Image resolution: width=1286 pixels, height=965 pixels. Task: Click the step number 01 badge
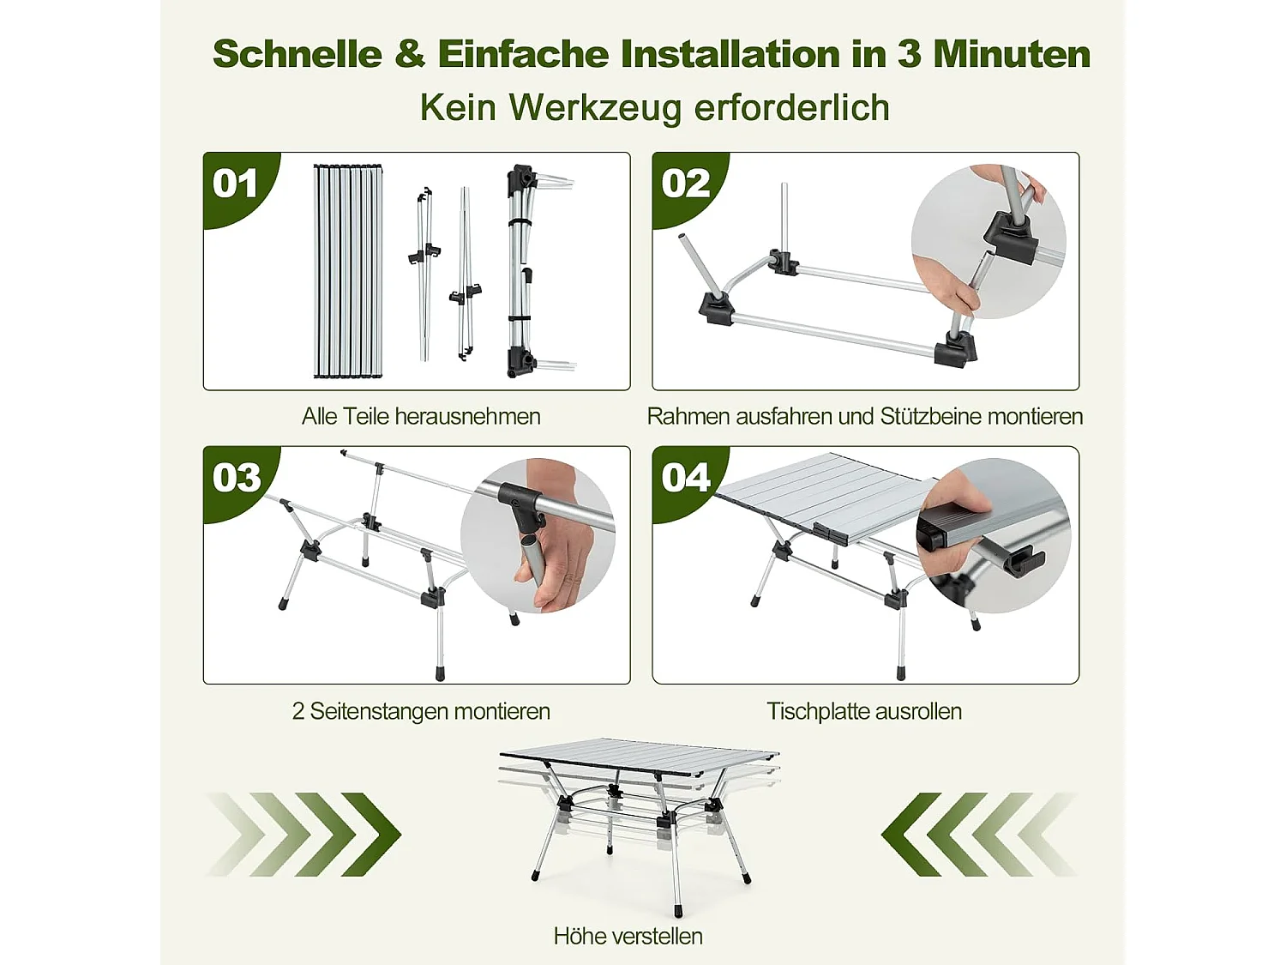pyautogui.click(x=236, y=184)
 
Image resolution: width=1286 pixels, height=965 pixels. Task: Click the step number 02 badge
pyautogui.click(x=685, y=184)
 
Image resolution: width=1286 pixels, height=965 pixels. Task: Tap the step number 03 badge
pyautogui.click(x=237, y=478)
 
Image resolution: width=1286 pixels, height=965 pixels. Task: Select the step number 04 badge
pyautogui.click(x=685, y=478)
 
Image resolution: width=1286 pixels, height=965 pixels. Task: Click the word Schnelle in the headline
pyautogui.click(x=297, y=54)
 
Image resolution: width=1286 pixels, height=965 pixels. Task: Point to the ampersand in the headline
pyautogui.click(x=410, y=54)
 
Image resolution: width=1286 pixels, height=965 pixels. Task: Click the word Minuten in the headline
pyautogui.click(x=1012, y=54)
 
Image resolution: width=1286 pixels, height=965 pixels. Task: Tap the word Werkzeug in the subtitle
pyautogui.click(x=595, y=108)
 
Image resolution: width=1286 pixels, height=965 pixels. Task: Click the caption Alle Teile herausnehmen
pyautogui.click(x=420, y=417)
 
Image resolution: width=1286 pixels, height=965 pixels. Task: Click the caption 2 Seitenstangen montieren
pyautogui.click(x=420, y=711)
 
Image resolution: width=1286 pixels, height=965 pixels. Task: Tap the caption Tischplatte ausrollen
pyautogui.click(x=864, y=711)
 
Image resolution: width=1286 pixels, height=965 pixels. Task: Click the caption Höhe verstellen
pyautogui.click(x=628, y=936)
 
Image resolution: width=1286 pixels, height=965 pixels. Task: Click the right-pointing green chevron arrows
pyautogui.click(x=304, y=834)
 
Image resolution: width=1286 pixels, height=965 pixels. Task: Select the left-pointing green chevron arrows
pyautogui.click(x=977, y=834)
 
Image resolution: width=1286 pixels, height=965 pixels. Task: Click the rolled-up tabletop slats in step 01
pyautogui.click(x=347, y=270)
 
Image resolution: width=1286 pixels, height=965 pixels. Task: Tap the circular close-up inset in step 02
pyautogui.click(x=988, y=242)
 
